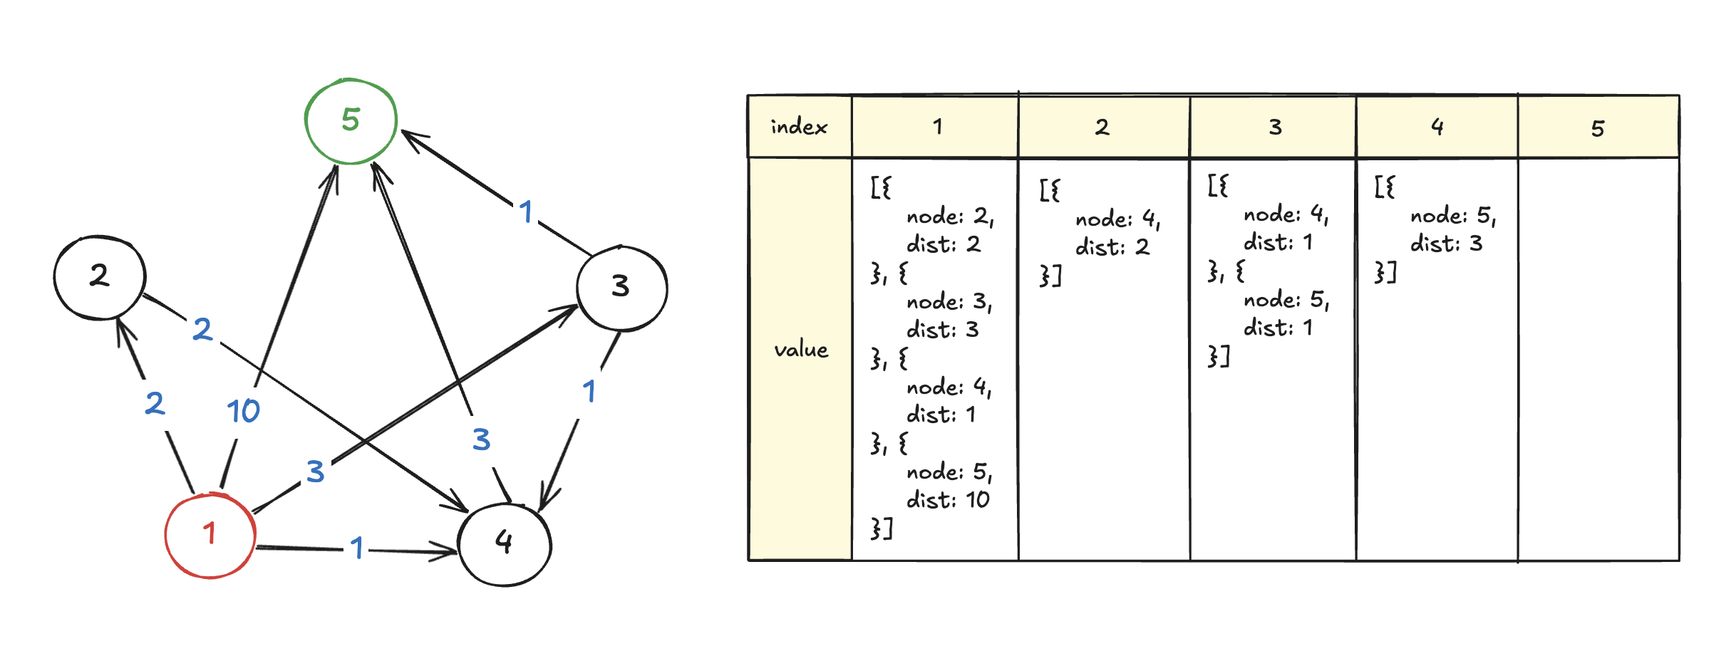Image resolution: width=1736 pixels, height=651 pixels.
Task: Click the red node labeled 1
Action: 210,534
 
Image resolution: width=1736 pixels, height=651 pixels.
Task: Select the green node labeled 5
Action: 351,120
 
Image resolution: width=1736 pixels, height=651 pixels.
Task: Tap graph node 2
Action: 100,276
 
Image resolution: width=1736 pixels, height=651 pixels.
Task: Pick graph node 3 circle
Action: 621,287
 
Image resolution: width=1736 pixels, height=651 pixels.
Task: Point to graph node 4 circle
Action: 505,543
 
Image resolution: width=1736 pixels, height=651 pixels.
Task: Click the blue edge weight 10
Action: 243,411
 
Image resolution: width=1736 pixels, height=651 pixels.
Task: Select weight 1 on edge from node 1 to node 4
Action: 357,548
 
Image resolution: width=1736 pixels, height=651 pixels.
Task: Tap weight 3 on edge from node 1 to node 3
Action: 316,472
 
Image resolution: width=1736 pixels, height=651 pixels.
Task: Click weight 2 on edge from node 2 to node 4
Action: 202,329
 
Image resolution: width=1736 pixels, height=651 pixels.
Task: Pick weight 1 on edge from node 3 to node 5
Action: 526,212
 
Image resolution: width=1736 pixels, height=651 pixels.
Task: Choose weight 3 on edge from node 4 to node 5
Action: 481,439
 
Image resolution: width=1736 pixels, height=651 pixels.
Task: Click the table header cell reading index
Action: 799,127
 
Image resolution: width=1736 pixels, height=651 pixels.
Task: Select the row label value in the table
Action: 800,350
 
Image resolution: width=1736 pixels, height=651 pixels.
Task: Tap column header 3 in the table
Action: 1274,127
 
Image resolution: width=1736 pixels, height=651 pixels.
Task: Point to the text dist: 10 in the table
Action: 948,500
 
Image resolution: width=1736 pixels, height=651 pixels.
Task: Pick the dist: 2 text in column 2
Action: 1112,247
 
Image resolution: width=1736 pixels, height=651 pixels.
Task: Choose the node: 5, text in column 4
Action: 1452,216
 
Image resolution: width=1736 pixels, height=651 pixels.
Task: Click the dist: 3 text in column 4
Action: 1446,244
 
